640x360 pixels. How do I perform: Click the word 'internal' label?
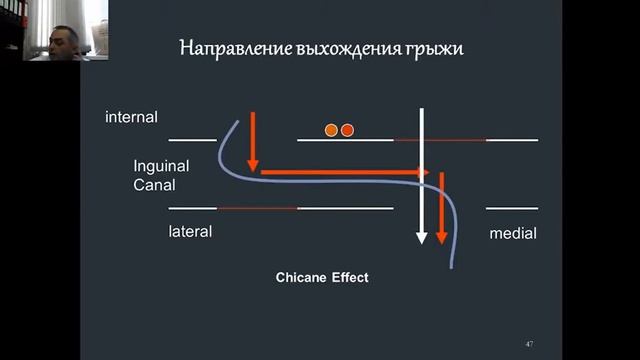tap(131, 118)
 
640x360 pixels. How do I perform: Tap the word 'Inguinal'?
tap(161, 166)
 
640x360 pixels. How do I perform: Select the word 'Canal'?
tap(154, 185)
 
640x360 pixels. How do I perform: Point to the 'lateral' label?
tap(190, 231)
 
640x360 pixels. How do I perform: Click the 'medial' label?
tap(513, 233)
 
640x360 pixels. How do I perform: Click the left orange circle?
tap(331, 130)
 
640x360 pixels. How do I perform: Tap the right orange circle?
tap(347, 130)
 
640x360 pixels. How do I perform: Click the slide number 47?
tap(529, 344)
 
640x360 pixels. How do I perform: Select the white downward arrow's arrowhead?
tap(422, 237)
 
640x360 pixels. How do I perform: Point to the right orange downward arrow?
tap(440, 205)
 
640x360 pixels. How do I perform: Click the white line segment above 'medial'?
tap(512, 208)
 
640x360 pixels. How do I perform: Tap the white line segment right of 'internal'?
tap(192, 140)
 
